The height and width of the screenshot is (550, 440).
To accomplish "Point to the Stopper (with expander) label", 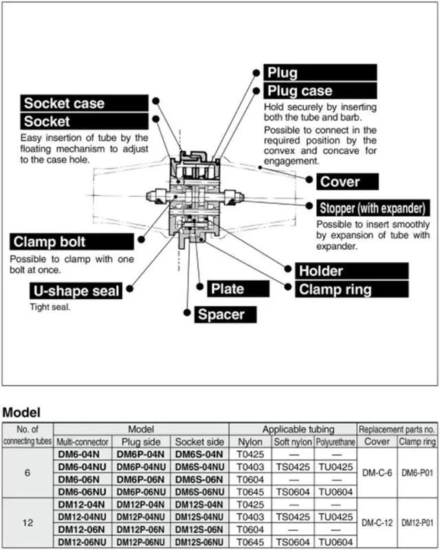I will coord(374,208).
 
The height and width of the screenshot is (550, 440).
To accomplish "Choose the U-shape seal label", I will coord(76,290).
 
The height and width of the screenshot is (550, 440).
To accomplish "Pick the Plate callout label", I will coord(228,288).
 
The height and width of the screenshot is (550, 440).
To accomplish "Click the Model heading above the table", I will coord(22,413).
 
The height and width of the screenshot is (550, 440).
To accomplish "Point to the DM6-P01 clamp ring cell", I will coord(419,472).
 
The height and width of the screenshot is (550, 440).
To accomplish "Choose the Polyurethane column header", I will coord(335,441).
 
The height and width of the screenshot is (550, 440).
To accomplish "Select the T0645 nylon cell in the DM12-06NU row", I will coord(250,542).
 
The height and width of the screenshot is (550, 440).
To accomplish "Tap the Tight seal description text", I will coord(49,306).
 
